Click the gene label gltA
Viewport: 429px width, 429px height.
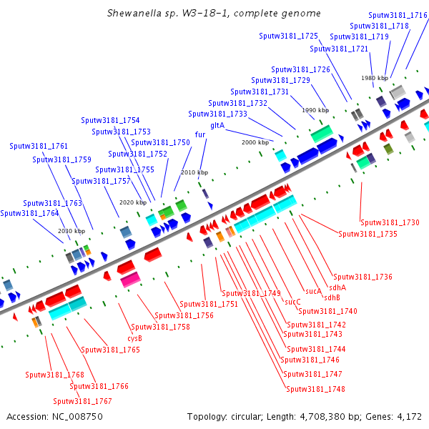(x=217, y=126)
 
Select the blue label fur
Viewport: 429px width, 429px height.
(x=200, y=134)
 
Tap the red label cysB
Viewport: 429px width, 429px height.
(x=134, y=339)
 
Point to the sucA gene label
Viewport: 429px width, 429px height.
(x=314, y=291)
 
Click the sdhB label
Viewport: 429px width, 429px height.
(x=332, y=297)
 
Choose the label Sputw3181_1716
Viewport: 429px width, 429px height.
(x=398, y=15)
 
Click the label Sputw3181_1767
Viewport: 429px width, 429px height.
(x=82, y=401)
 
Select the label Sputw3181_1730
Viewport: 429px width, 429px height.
(x=390, y=222)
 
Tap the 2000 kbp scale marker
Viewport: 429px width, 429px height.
(x=255, y=142)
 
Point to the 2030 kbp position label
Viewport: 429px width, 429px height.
(x=71, y=231)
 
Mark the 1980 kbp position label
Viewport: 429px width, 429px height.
(x=375, y=78)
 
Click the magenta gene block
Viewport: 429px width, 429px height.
(x=131, y=280)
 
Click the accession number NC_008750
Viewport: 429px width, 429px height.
(x=77, y=417)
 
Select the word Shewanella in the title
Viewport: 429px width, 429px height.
(x=134, y=13)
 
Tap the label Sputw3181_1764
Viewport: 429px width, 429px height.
(x=29, y=213)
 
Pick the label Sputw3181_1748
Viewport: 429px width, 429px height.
(x=315, y=389)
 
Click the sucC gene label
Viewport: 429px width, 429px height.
(x=292, y=302)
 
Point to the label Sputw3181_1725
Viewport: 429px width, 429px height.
(x=288, y=36)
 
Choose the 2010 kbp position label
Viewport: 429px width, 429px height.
(x=194, y=172)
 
